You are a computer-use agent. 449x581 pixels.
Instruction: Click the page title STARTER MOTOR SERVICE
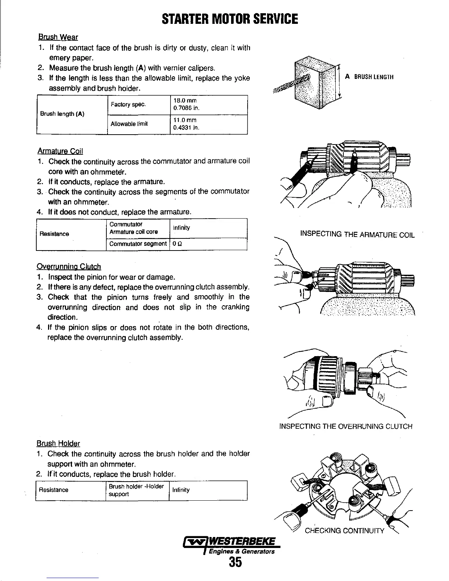coord(230,18)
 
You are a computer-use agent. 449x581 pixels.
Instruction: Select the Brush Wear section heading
coord(58,37)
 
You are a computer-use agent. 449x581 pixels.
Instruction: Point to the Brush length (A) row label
coord(62,114)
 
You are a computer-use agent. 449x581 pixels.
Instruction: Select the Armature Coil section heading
coord(60,151)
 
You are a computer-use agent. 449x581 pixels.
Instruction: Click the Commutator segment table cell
coord(138,244)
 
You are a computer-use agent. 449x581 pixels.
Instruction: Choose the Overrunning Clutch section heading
coord(69,267)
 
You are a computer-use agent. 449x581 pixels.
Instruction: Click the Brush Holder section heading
coord(58,443)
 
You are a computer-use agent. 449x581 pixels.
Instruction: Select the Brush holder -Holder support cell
coord(136,490)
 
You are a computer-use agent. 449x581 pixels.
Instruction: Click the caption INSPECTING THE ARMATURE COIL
coord(357,234)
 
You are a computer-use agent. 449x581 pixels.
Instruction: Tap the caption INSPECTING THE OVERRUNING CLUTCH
coord(346,427)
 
